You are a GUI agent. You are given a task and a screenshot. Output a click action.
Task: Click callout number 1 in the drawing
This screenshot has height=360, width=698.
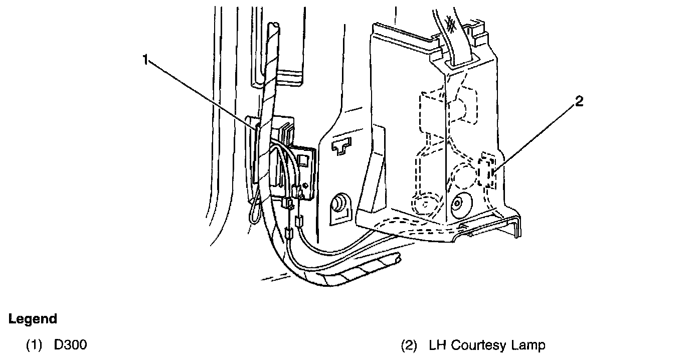(x=145, y=60)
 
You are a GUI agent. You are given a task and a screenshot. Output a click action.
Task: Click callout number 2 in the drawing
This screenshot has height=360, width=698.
(x=579, y=102)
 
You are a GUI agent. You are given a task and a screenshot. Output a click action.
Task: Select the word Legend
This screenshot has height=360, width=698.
(x=33, y=319)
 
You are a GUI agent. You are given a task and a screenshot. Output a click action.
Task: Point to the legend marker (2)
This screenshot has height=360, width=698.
(x=409, y=345)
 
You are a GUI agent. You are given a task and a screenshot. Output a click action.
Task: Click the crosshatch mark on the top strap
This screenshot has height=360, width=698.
(x=451, y=23)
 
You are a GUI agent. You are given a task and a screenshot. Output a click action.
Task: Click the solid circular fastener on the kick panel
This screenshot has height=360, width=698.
(x=457, y=204)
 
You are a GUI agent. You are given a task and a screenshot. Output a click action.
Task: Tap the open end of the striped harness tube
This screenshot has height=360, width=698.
(x=398, y=260)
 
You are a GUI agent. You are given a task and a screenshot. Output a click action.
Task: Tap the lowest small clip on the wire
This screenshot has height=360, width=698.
(x=288, y=234)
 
